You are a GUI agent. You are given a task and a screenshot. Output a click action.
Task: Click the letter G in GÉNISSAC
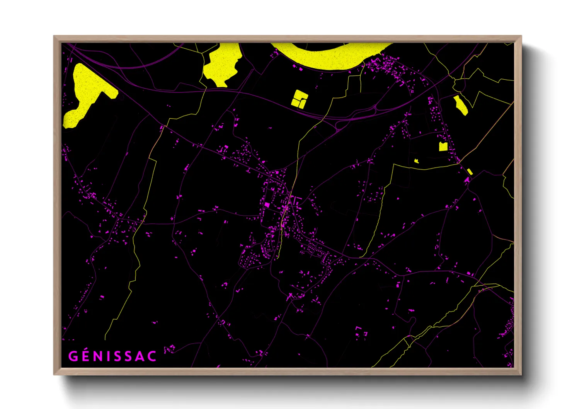click(x=73, y=356)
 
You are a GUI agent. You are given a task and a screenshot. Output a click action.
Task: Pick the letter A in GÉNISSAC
click(x=140, y=356)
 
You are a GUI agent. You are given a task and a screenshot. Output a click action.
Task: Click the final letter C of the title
click(x=152, y=356)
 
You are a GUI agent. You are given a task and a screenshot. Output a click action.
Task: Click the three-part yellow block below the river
click(x=299, y=99)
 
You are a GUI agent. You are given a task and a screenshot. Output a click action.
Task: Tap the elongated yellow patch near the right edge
click(x=460, y=105)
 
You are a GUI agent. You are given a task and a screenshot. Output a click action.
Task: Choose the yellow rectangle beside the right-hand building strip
click(x=443, y=147)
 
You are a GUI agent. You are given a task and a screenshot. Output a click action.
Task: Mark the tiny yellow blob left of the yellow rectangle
click(x=416, y=161)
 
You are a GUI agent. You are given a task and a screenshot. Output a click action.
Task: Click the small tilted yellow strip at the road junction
click(x=470, y=171)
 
